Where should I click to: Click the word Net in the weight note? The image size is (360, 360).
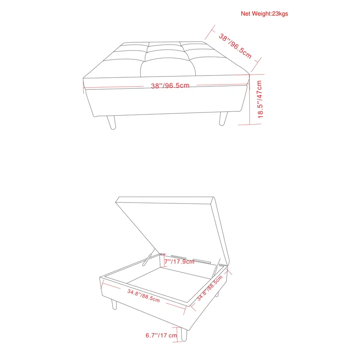[245, 13]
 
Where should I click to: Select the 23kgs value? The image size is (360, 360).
[280, 14]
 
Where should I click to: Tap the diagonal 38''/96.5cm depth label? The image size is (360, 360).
[235, 46]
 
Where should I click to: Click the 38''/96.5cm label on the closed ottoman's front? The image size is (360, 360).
[170, 85]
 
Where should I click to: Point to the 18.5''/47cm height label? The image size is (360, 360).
[260, 99]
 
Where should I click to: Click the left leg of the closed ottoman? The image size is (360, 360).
[111, 122]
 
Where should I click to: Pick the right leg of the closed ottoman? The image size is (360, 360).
[223, 118]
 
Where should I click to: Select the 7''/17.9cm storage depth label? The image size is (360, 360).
[179, 261]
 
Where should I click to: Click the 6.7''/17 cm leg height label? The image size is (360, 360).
[161, 335]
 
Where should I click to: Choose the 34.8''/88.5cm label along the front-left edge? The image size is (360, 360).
[144, 296]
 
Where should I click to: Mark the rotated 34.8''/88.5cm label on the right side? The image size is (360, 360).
[210, 288]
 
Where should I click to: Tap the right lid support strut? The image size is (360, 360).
[216, 268]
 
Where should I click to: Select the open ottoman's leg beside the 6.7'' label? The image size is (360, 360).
[184, 334]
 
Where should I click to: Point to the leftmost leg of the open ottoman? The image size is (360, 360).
[114, 304]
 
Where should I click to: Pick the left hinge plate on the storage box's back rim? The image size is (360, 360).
[178, 257]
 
